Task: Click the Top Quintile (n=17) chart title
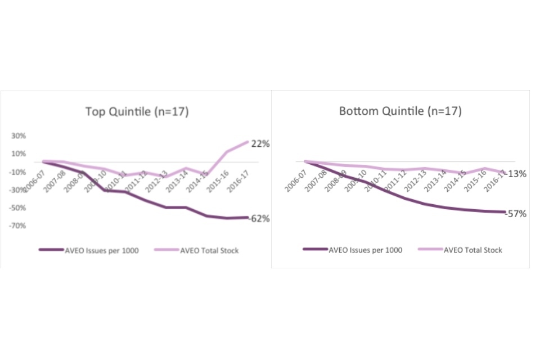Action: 137,111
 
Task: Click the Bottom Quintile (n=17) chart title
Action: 400,111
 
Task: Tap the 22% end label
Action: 260,144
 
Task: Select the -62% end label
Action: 259,219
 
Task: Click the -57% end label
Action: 515,214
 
